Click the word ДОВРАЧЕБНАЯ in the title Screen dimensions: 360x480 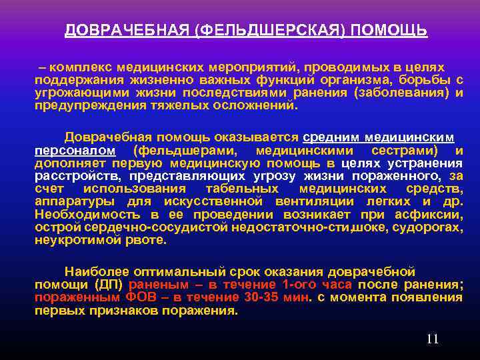pyautogui.click(x=125, y=31)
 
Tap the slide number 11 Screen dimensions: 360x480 pyautogui.click(x=432, y=339)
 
